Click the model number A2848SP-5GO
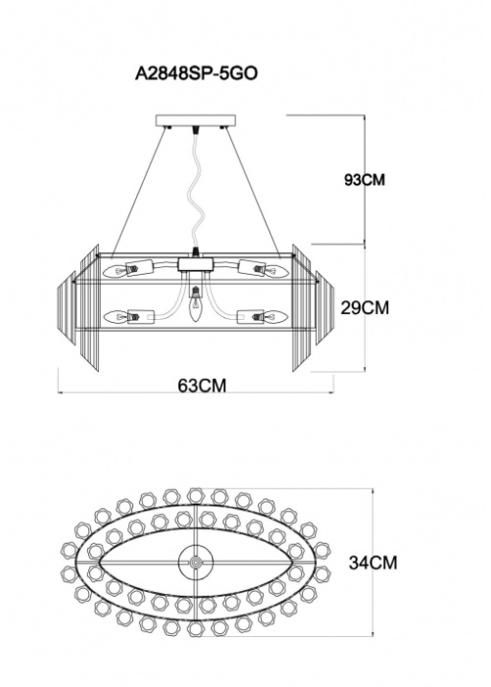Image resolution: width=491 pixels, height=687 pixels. pyautogui.click(x=196, y=74)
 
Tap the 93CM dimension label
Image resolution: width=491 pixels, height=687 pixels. pyautogui.click(x=365, y=180)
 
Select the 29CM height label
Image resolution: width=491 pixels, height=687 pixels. pyautogui.click(x=365, y=308)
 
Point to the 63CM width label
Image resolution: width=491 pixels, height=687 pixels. pyautogui.click(x=202, y=386)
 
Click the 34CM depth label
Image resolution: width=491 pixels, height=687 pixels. pyautogui.click(x=372, y=562)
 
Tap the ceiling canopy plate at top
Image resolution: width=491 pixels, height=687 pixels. pyautogui.click(x=196, y=120)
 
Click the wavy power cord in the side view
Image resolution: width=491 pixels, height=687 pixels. pyautogui.click(x=195, y=188)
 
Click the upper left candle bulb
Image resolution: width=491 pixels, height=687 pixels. pyautogui.click(x=115, y=272)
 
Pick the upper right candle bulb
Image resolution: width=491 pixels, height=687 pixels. pyautogui.click(x=276, y=271)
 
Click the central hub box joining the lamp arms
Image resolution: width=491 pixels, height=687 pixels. pyautogui.click(x=196, y=264)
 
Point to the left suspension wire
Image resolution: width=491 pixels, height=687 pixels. pyautogui.click(x=139, y=192)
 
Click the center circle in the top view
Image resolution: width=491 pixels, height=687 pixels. pyautogui.click(x=196, y=563)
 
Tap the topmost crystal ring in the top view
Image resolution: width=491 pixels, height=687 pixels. pyautogui.click(x=196, y=497)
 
